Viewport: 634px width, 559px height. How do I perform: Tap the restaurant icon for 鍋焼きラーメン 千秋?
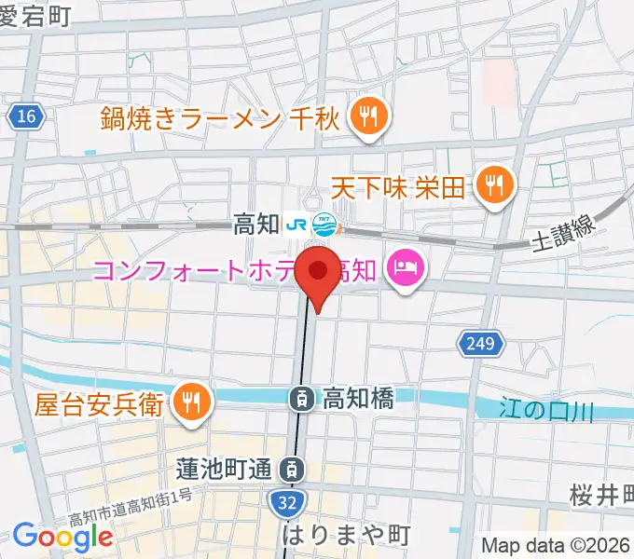pyautogui.click(x=369, y=116)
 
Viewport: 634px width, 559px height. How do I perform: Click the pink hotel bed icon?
pyautogui.click(x=407, y=271)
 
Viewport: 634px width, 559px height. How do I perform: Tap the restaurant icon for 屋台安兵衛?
pyautogui.click(x=193, y=402)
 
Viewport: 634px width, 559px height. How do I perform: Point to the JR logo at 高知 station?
pyautogui.click(x=298, y=225)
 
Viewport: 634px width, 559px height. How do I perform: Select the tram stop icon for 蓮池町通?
pyautogui.click(x=294, y=469)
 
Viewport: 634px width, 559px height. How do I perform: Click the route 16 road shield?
pyautogui.click(x=27, y=116)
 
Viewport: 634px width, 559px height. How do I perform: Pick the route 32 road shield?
pyautogui.click(x=286, y=503)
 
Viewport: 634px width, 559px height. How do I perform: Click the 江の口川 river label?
pyautogui.click(x=545, y=409)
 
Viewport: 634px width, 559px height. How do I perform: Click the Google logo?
pyautogui.click(x=63, y=536)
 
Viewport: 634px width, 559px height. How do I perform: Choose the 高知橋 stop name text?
pyautogui.click(x=358, y=399)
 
